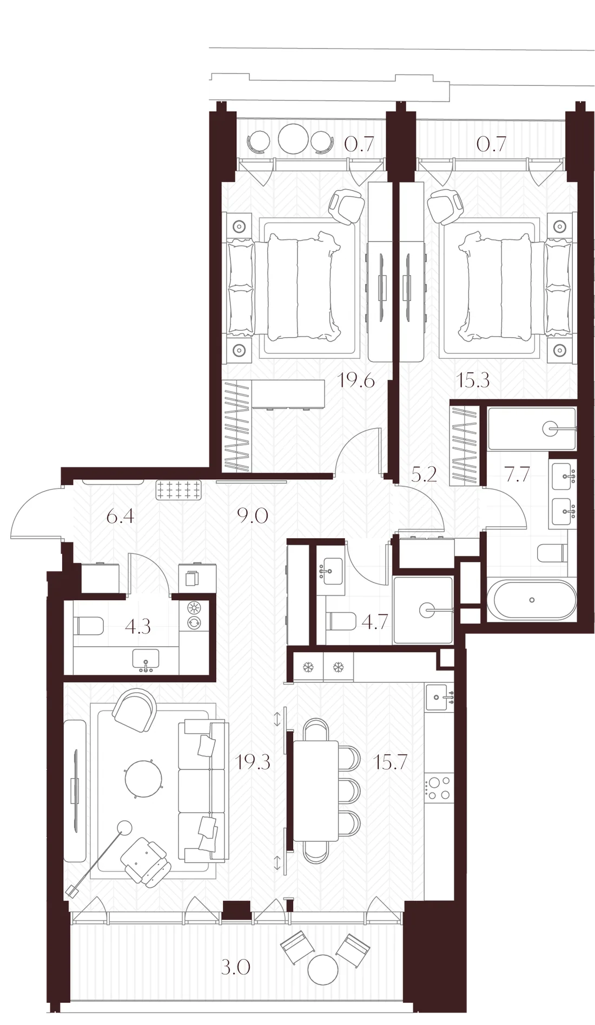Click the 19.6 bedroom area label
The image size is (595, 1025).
pyautogui.click(x=356, y=380)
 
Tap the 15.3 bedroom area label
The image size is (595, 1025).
pyautogui.click(x=473, y=380)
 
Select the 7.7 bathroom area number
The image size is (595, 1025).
pyautogui.click(x=517, y=474)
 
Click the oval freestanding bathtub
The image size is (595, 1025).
pyautogui.click(x=532, y=600)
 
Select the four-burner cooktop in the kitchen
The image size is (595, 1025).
pyautogui.click(x=438, y=788)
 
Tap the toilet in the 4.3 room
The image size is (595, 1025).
pyautogui.click(x=89, y=627)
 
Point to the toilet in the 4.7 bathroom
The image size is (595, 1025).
pyautogui.click(x=342, y=621)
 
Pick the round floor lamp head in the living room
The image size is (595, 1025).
pyautogui.click(x=125, y=827)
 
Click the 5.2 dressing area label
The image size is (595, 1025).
pyautogui.click(x=424, y=474)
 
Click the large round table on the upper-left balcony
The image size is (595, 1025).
pyautogui.click(x=293, y=139)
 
